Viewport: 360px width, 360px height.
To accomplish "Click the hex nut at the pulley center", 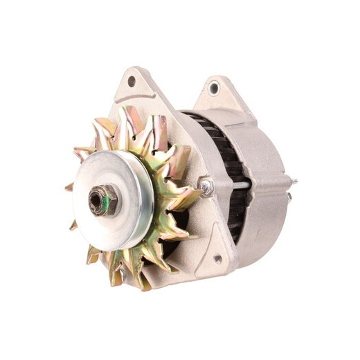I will coord(102,201).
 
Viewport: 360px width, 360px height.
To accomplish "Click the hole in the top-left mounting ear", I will coord(131,81).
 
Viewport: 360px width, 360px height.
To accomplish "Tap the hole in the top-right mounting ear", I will coord(213,88).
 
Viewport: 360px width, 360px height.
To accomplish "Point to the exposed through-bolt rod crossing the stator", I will coord(239,185).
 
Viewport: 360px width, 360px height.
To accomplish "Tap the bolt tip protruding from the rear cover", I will coord(294,182).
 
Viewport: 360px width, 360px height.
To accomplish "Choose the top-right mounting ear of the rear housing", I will coord(216,93).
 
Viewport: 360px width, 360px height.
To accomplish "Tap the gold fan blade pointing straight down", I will coord(143,277).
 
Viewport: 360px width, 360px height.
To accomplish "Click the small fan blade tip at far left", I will coord(69,187).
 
